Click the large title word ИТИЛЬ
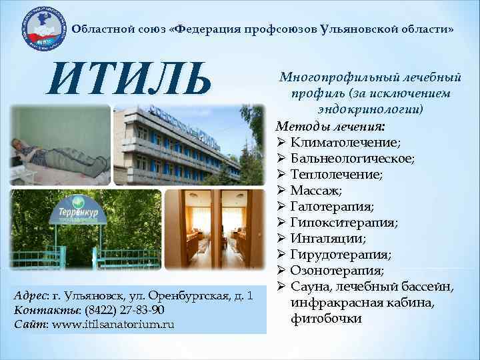coord(126,78)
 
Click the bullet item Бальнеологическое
coord(352,159)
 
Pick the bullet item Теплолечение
coord(337,175)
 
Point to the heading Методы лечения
coord(330,126)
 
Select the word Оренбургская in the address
coord(187,297)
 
